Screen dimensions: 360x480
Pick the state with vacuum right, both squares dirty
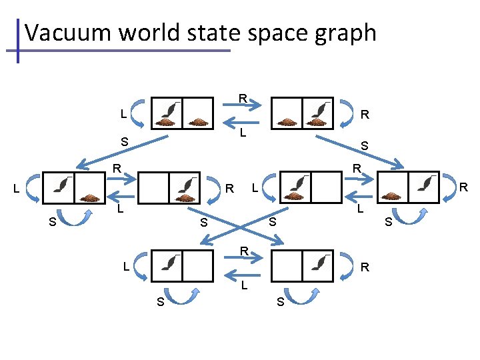pos(303,113)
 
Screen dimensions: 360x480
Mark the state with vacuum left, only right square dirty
pos(73,189)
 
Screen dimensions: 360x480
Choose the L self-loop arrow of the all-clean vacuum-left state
pos(141,267)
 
